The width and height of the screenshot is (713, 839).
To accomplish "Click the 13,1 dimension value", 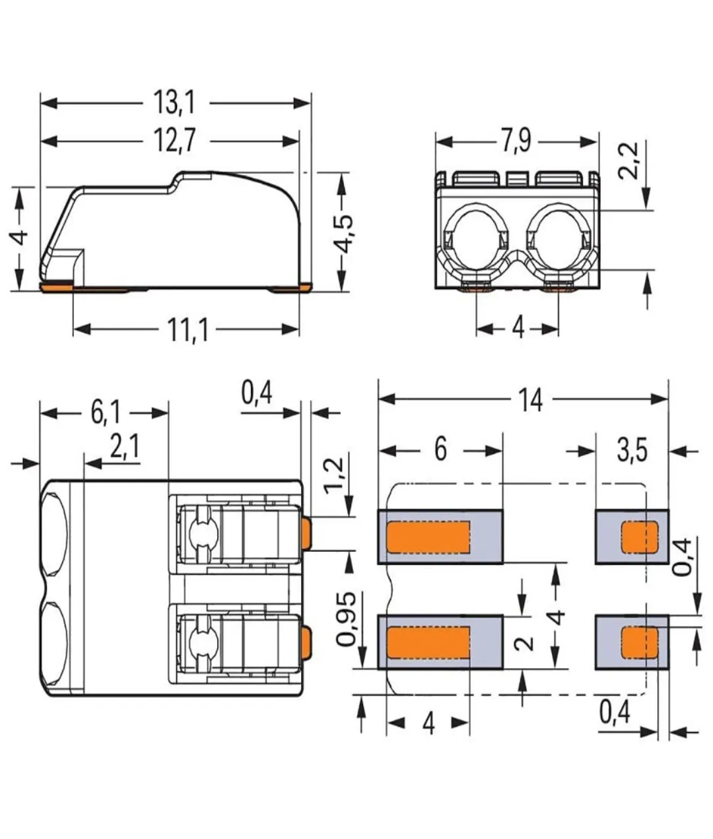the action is (x=174, y=103).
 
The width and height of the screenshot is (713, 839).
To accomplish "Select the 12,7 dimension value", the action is (x=175, y=141).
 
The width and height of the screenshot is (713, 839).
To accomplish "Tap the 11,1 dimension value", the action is (x=188, y=329).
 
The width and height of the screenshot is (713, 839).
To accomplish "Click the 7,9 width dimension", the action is (x=516, y=141).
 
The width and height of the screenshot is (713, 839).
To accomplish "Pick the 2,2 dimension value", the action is (x=628, y=161).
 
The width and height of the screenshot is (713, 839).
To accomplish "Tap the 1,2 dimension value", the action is (x=334, y=475).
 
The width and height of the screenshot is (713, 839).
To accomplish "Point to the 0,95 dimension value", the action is (x=346, y=619).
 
